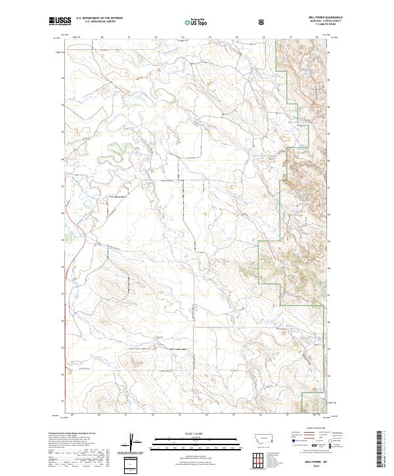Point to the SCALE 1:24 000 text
click(x=196, y=431)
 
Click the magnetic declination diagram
click(x=135, y=443)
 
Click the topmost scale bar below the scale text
click(x=196, y=437)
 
